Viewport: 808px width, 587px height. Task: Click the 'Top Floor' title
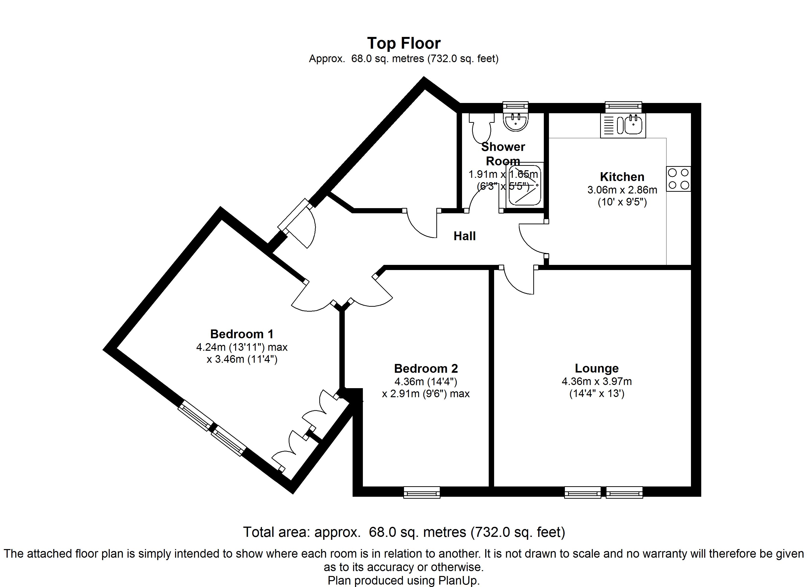coord(404,44)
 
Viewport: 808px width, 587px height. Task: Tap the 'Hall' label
coord(464,236)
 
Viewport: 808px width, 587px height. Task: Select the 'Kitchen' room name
coord(622,177)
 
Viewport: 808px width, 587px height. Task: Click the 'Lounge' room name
coord(597,368)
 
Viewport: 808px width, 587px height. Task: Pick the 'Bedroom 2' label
coord(426,368)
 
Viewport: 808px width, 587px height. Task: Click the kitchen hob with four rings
coord(678,179)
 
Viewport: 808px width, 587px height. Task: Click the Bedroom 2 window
coord(422,492)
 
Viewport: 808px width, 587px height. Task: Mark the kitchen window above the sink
coord(623,106)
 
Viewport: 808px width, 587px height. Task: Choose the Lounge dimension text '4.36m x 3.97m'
coord(597,382)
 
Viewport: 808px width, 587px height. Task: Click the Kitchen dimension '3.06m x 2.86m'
coord(622,190)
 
